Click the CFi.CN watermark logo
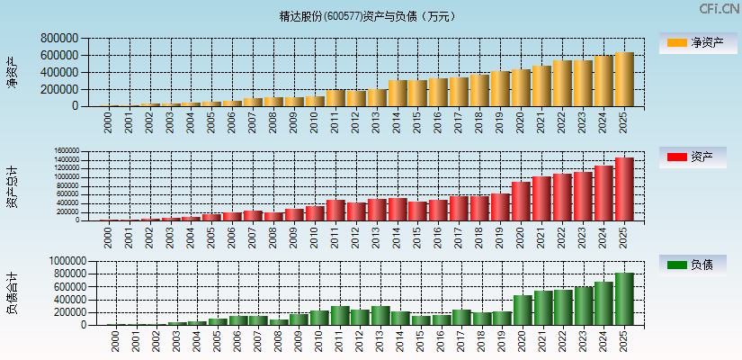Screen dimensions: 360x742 pyautogui.click(x=719, y=9)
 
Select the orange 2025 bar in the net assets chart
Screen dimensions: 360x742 pyautogui.click(x=624, y=79)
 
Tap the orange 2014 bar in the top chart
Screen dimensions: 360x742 pyautogui.click(x=398, y=94)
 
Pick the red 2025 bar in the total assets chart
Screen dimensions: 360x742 pyautogui.click(x=624, y=189)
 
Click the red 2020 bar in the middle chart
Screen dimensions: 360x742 pyautogui.click(x=521, y=202)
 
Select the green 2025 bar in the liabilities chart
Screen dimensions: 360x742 pyautogui.click(x=624, y=299)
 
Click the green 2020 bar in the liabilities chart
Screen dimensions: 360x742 pyautogui.click(x=522, y=310)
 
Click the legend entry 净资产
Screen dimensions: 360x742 pyautogui.click(x=697, y=42)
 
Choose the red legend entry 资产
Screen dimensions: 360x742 pyautogui.click(x=697, y=157)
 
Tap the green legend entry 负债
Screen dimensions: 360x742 pyautogui.click(x=697, y=265)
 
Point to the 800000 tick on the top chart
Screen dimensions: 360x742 pyautogui.click(x=58, y=39)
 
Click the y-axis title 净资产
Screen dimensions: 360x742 pyautogui.click(x=13, y=72)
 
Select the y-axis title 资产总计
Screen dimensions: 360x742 pyautogui.click(x=13, y=186)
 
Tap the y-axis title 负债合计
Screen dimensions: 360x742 pyautogui.click(x=13, y=292)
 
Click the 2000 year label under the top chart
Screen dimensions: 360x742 pyautogui.click(x=109, y=122)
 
